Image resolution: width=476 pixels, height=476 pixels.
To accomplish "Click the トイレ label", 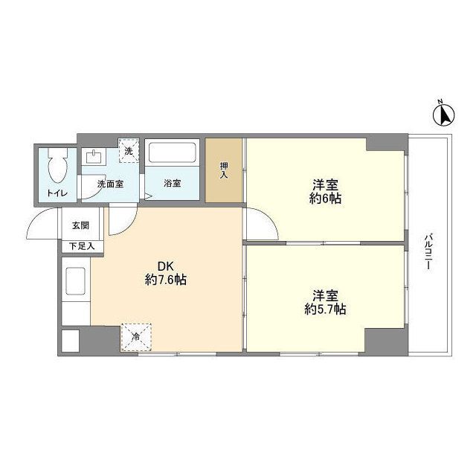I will [x=57, y=193].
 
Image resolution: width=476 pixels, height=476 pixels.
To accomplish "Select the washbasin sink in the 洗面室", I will [x=94, y=158].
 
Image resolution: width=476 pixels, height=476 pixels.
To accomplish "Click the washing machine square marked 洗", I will [x=129, y=151].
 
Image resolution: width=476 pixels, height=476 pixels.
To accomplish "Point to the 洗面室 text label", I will [x=110, y=183].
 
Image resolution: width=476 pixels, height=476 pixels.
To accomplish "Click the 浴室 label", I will [x=172, y=183].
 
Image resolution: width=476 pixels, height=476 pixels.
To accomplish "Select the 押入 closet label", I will [x=224, y=170].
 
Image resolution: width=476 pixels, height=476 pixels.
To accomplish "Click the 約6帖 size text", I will [x=327, y=199].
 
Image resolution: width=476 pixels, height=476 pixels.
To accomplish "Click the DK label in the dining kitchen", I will [x=165, y=266].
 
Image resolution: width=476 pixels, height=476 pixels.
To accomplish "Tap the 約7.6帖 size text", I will [x=165, y=280].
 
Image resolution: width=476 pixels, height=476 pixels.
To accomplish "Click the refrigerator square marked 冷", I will [x=137, y=335].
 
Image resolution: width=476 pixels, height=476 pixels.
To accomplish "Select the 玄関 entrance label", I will [x=80, y=225].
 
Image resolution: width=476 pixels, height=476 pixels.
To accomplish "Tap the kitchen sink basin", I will [x=76, y=283].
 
